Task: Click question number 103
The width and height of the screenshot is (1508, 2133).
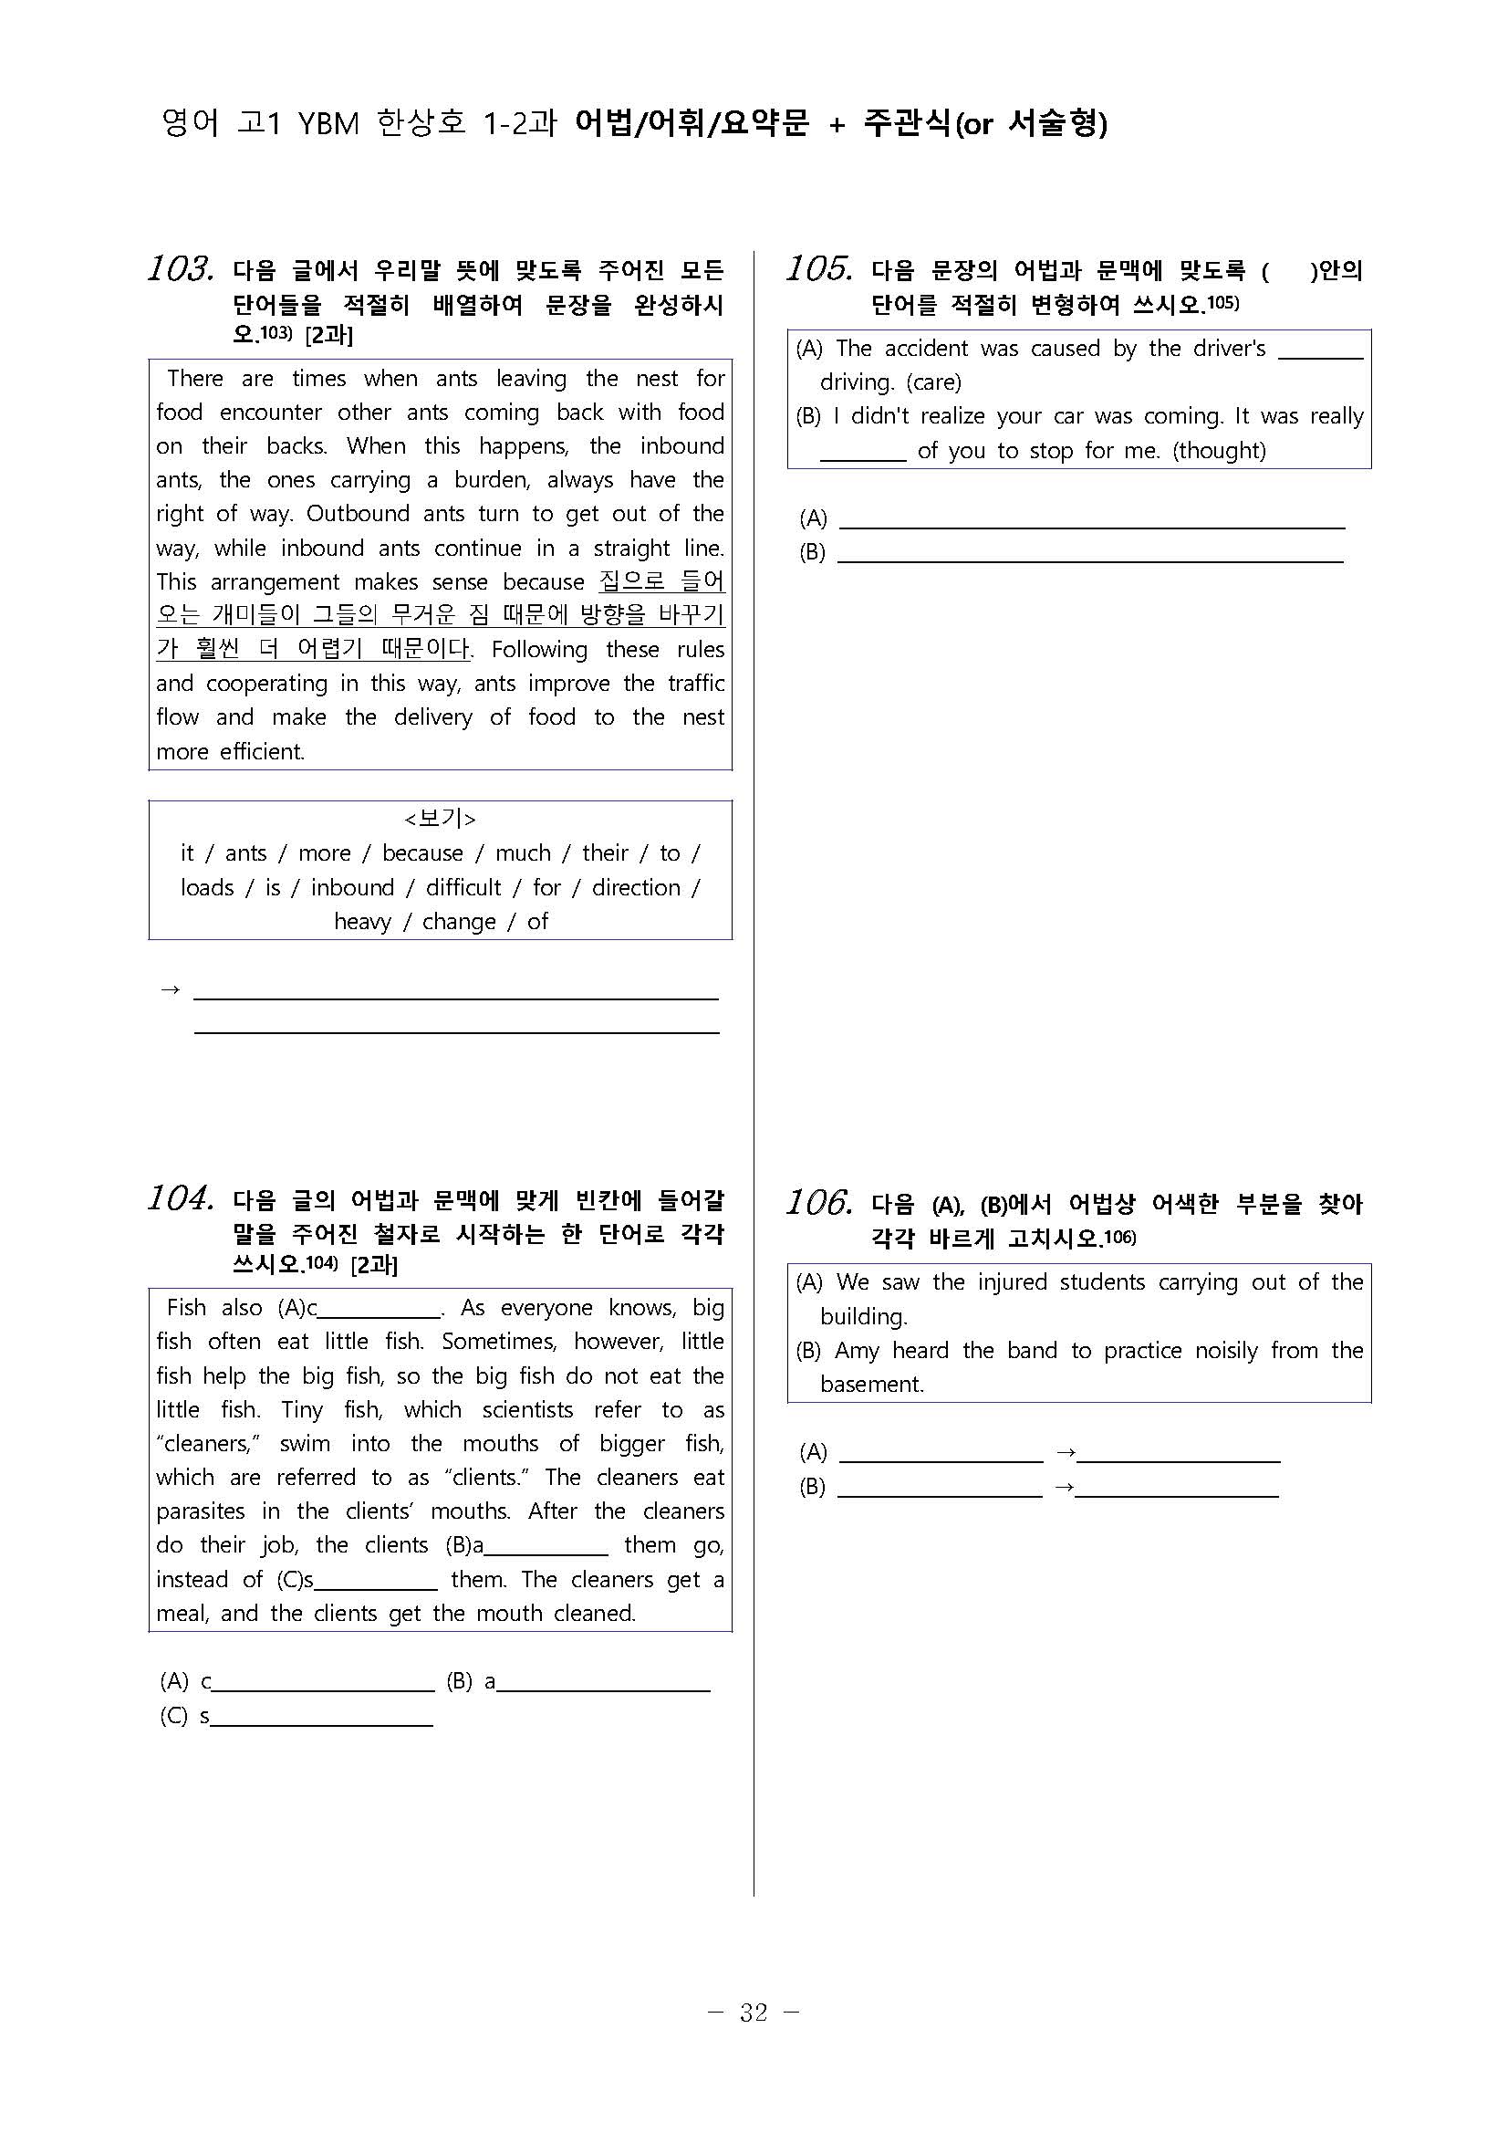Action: [180, 269]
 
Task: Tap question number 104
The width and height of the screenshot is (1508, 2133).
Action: [180, 1199]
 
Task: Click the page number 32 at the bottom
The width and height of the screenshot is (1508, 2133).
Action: [753, 2013]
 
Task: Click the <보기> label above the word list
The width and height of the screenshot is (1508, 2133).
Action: [440, 819]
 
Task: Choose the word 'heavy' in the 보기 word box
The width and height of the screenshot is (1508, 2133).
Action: [362, 922]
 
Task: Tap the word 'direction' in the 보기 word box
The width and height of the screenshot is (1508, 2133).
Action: [636, 887]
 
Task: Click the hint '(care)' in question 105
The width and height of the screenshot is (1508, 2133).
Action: [933, 382]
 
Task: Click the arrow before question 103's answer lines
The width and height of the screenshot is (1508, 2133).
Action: [170, 990]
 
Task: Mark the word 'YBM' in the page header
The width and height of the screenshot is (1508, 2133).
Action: [328, 123]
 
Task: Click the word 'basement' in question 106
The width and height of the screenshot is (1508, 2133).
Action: [871, 1385]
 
